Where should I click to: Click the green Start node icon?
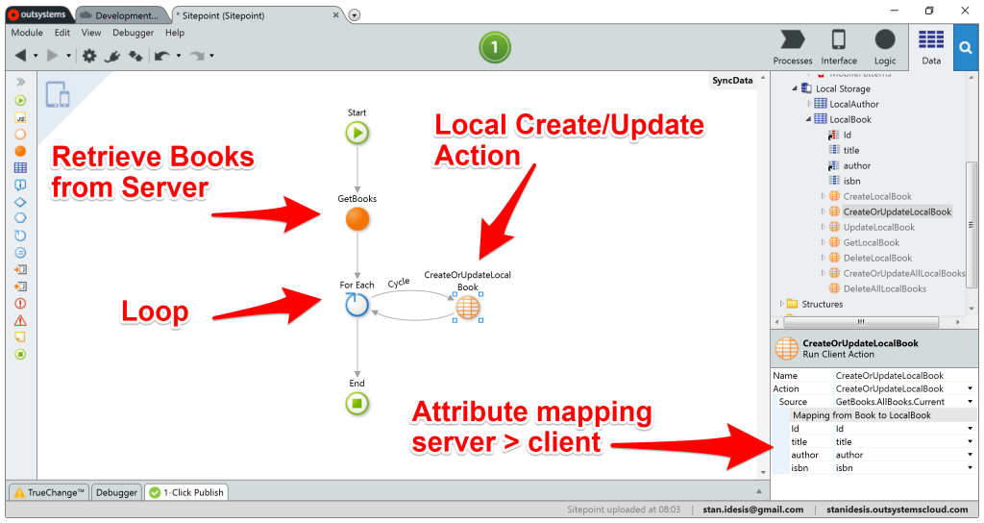coord(357,133)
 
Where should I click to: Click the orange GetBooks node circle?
coord(357,219)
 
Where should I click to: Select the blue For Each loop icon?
coord(357,305)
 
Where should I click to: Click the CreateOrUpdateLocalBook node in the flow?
coord(467,307)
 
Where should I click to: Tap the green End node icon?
coord(357,403)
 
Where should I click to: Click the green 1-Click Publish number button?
coord(494,47)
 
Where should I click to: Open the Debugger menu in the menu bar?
coord(134,33)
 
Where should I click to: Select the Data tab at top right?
coord(930,47)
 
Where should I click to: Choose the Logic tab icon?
coord(885,47)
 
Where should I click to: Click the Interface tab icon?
coord(839,47)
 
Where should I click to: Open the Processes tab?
coord(793,47)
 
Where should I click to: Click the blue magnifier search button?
coord(967,47)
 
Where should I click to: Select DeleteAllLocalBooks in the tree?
coord(884,288)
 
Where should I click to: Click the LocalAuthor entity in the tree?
coord(853,104)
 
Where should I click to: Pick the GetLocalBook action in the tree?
coord(871,242)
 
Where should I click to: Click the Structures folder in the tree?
coord(822,304)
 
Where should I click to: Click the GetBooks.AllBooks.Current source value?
coord(890,402)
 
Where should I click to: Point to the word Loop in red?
coord(155,311)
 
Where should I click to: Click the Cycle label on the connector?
coord(399,283)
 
